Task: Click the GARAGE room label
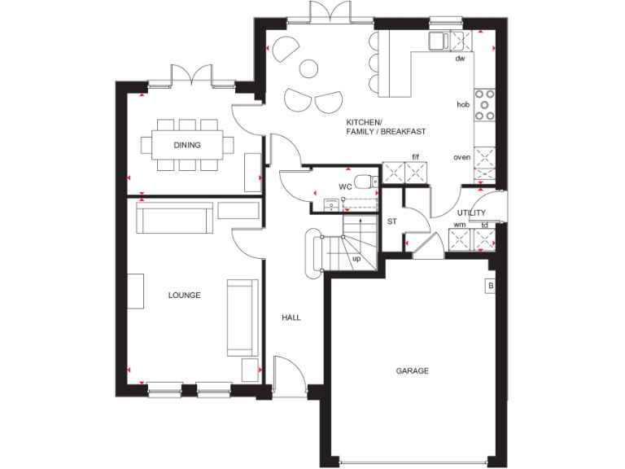413,370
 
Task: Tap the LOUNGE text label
185,295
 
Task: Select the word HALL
291,317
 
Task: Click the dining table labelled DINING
186,146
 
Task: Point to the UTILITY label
471,212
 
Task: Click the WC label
345,186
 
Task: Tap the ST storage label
391,221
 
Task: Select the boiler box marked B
490,286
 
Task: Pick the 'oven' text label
462,157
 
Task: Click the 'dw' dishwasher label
460,59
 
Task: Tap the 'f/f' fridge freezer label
415,156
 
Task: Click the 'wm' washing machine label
459,225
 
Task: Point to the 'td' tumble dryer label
485,225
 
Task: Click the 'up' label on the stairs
356,259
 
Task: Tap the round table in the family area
309,69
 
